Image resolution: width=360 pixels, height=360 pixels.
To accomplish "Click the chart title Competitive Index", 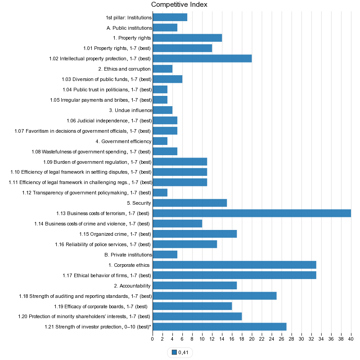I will (x=179, y=4).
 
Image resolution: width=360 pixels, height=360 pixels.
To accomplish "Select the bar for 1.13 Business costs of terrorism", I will (x=252, y=213).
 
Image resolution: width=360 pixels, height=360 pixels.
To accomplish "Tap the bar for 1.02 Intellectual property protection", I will (x=202, y=58).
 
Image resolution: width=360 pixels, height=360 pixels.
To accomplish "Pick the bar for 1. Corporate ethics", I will (x=234, y=265).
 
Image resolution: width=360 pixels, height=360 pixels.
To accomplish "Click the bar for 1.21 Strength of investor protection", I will (x=220, y=327).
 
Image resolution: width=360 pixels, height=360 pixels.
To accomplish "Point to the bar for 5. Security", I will (x=190, y=203).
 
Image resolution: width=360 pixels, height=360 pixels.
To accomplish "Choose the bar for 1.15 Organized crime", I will (x=195, y=234).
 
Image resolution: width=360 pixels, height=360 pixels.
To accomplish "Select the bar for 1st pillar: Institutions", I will (x=170, y=18).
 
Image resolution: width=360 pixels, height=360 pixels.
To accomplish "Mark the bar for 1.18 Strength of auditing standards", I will (x=215, y=296).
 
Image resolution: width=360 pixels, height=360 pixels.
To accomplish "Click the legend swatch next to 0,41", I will (x=175, y=352).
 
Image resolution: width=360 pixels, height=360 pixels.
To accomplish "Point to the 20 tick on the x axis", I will (x=252, y=338).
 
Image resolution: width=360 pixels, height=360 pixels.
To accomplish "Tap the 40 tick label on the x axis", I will (x=351, y=338).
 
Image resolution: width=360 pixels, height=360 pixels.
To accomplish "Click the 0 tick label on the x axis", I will (x=153, y=338).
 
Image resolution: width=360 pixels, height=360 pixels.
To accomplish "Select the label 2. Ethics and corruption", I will (x=124, y=69).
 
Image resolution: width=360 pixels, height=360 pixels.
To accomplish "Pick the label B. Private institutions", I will (x=128, y=255).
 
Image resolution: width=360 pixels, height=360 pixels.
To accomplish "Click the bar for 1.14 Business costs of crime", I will (x=178, y=224).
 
